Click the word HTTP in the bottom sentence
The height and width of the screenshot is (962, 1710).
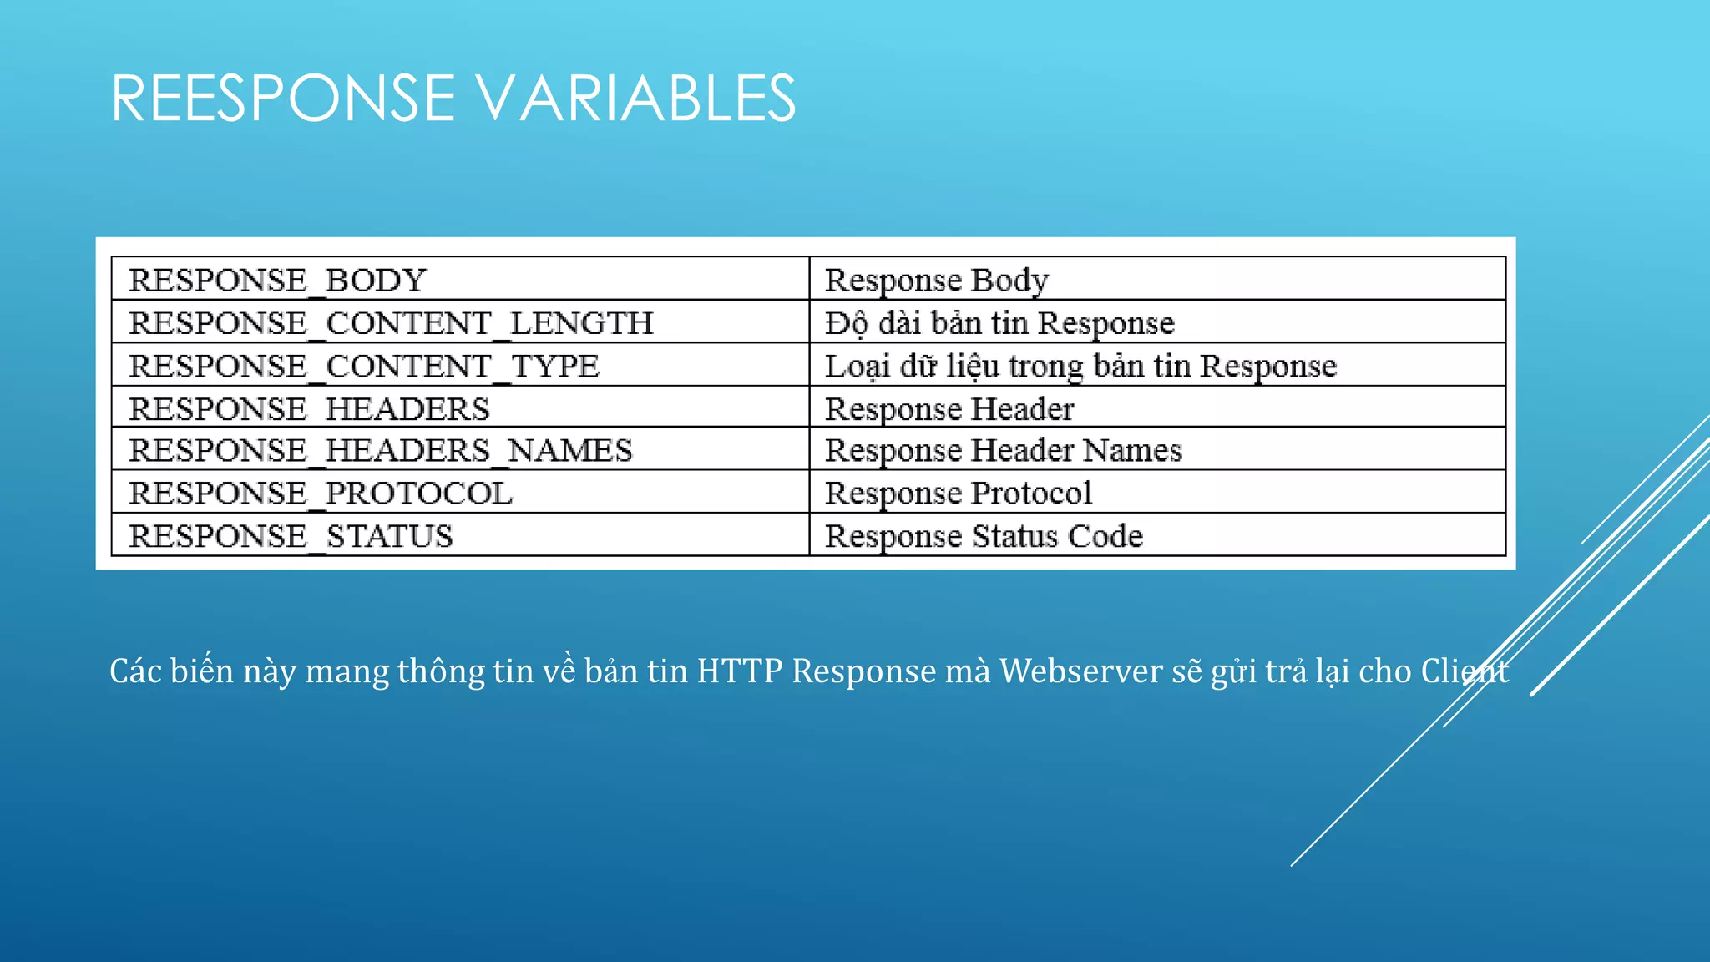[740, 671]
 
